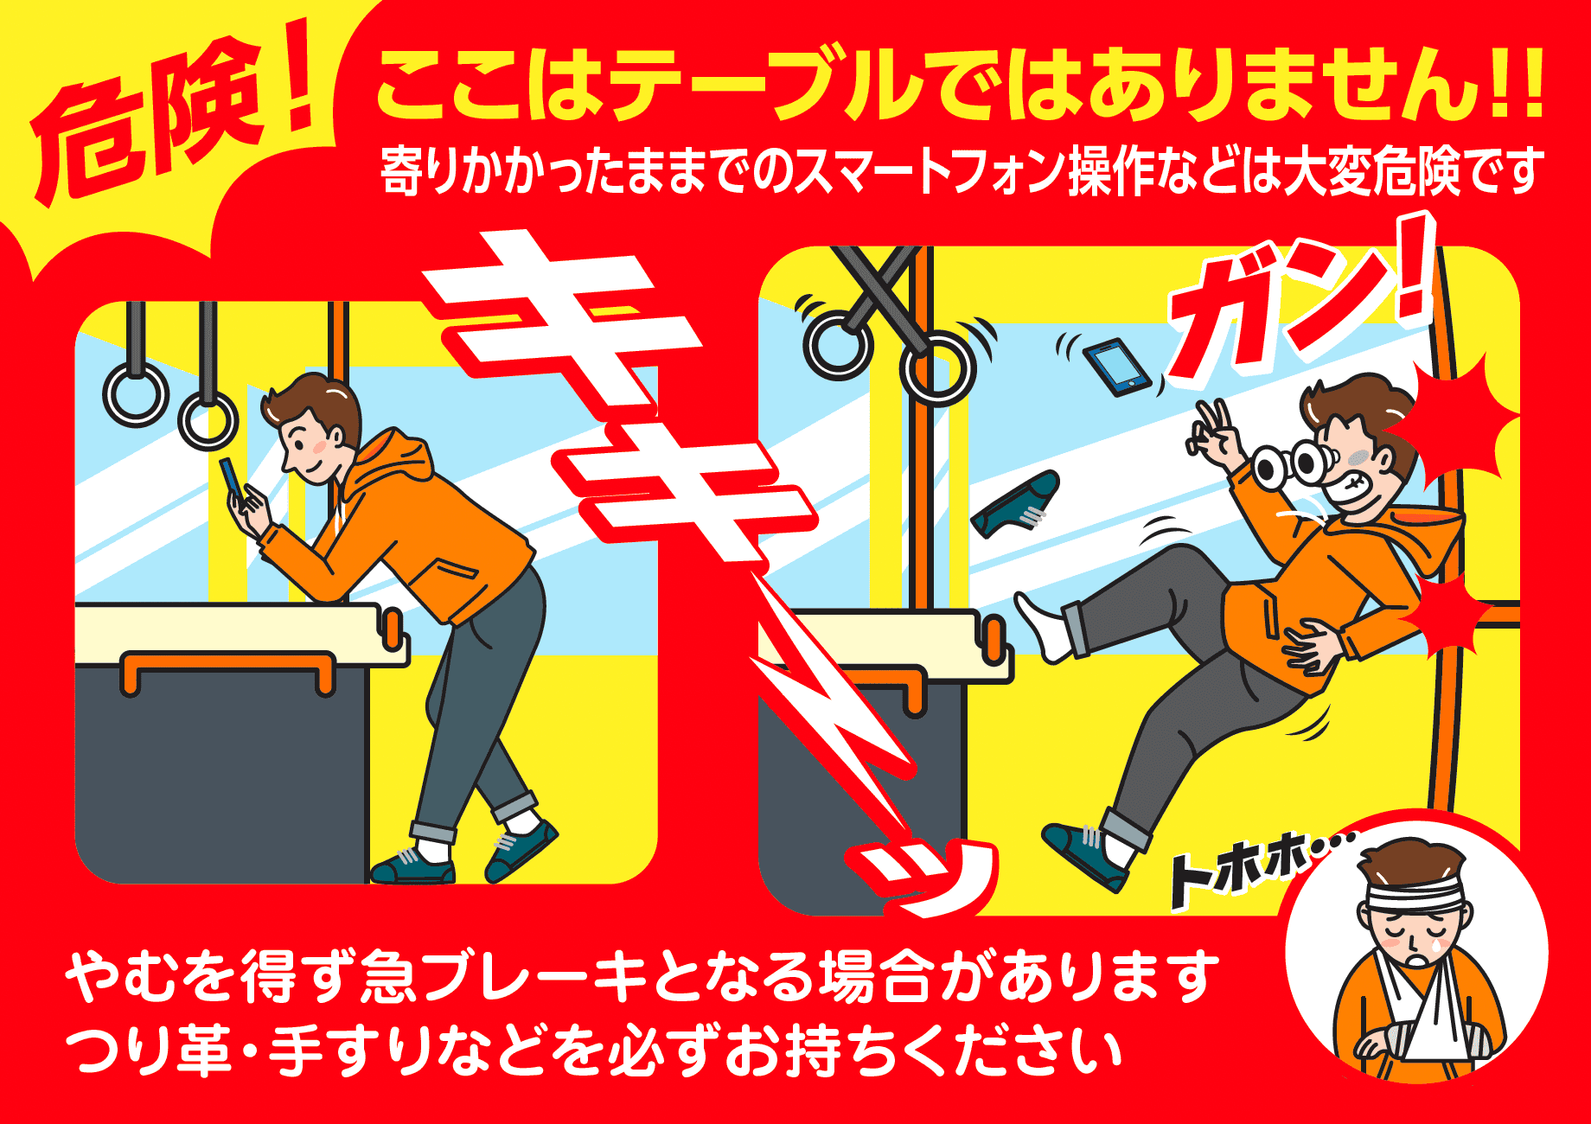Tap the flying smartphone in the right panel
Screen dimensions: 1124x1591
tap(1116, 367)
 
